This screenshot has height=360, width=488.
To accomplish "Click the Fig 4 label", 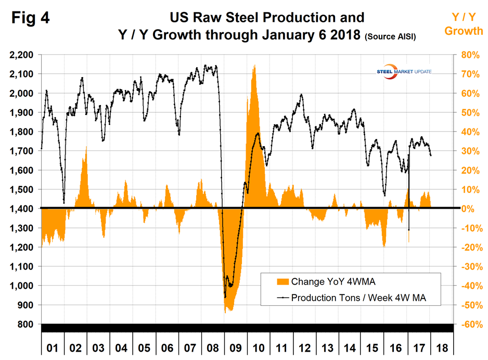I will (31, 18).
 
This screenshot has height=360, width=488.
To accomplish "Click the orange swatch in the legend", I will (282, 281).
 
